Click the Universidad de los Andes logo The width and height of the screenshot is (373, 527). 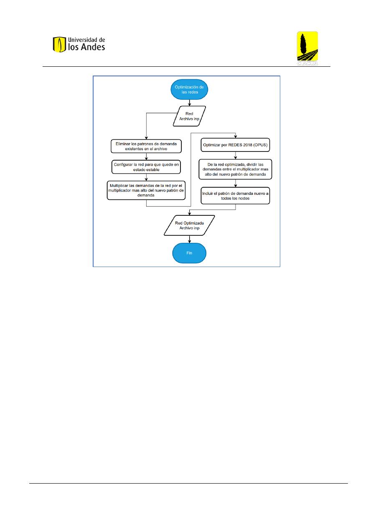point(79,44)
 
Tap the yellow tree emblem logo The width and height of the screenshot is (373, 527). point(307,48)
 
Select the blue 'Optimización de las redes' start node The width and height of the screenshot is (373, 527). point(189,89)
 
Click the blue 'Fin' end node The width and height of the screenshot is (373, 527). point(189,253)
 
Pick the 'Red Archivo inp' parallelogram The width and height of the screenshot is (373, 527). point(189,116)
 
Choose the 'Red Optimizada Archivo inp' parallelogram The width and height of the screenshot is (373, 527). point(189,225)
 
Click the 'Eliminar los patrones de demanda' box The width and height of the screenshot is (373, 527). point(146,146)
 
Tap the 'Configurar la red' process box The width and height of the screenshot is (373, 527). point(146,167)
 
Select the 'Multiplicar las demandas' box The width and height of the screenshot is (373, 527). point(146,190)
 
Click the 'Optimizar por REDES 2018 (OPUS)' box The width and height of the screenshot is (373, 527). point(235,145)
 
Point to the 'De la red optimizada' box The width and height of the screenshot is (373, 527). point(235,169)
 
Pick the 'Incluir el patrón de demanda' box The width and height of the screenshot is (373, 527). point(235,196)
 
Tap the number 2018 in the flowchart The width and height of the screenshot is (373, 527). point(248,145)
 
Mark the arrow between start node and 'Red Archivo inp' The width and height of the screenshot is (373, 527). point(189,103)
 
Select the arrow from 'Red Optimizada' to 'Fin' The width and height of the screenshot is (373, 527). point(189,240)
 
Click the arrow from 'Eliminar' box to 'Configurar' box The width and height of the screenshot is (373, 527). point(146,157)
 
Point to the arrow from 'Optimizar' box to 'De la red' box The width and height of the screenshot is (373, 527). point(235,156)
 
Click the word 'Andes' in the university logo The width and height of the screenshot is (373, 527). point(93,47)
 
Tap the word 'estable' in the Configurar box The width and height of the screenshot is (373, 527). point(153,170)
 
